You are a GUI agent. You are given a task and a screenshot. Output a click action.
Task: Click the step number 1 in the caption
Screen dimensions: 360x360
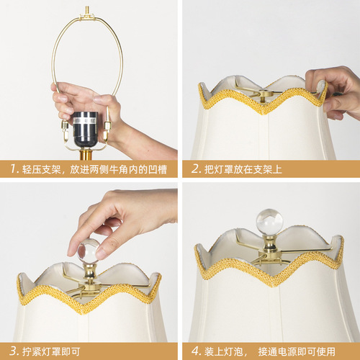(x=14, y=169)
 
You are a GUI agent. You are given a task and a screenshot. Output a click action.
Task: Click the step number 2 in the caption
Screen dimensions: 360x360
(x=196, y=169)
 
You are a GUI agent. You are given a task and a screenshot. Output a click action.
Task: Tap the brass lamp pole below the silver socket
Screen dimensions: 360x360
(x=85, y=153)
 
